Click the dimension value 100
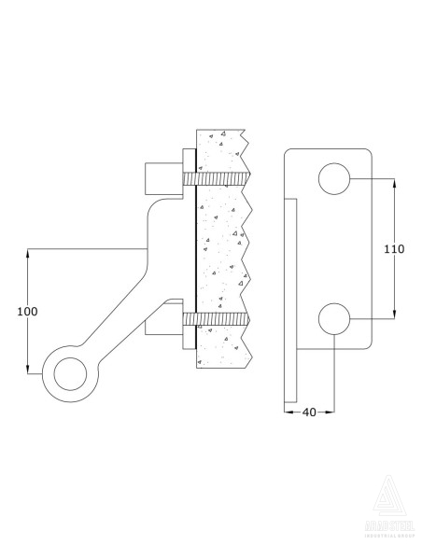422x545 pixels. coord(28,312)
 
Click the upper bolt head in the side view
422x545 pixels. coord(162,177)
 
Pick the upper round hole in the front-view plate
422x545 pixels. coord(334,178)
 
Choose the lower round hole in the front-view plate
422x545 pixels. coord(334,319)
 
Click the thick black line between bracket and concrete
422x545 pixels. coord(194,252)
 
